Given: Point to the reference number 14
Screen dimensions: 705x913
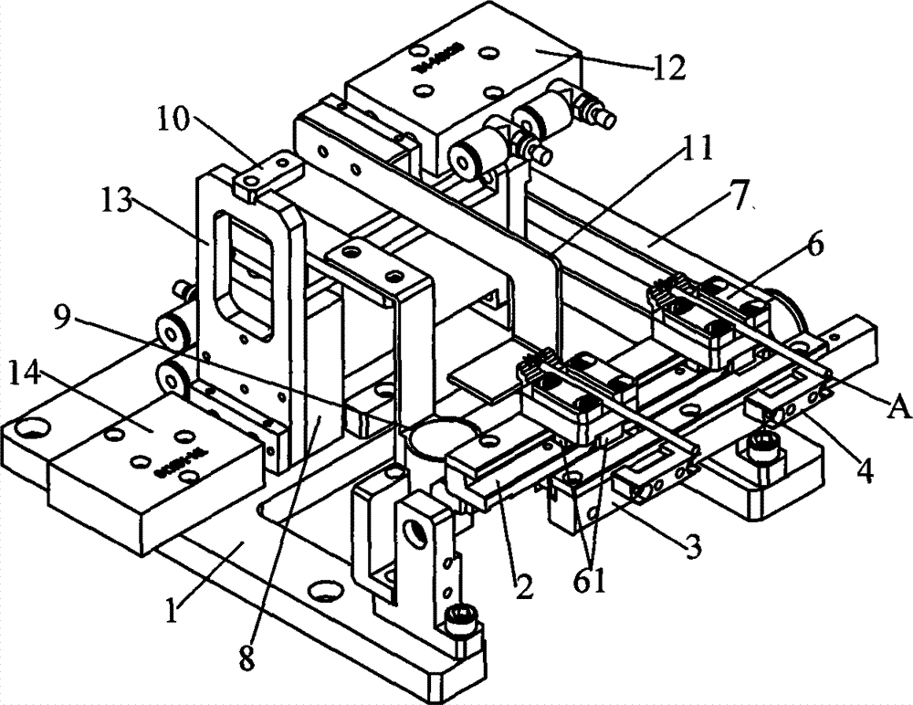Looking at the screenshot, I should click(x=31, y=371).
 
